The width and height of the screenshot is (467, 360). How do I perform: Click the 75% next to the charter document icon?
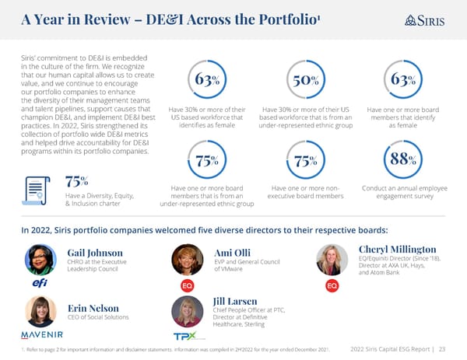[x=75, y=182]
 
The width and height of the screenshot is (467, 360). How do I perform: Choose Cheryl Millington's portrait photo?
[x=332, y=259]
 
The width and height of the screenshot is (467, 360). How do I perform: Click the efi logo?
[x=40, y=285]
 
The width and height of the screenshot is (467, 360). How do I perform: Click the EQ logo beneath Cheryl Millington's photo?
[x=332, y=285]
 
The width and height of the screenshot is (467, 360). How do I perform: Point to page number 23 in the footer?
[x=442, y=348]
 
